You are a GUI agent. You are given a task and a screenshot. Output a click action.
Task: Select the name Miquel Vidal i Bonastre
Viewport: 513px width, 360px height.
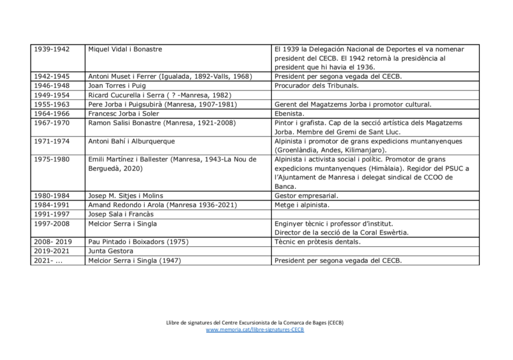point(125,49)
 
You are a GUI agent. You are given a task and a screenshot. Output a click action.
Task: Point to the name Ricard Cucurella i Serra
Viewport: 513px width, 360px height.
point(130,95)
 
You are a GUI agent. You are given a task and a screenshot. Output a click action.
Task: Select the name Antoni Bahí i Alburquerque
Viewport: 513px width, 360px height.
point(131,141)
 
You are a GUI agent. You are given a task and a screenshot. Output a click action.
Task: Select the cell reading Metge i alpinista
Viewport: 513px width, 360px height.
point(303,205)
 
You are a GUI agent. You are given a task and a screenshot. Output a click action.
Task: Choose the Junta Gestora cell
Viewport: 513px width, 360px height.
point(111,251)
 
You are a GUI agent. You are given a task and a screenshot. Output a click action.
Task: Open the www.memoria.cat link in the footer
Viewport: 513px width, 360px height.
point(255,329)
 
